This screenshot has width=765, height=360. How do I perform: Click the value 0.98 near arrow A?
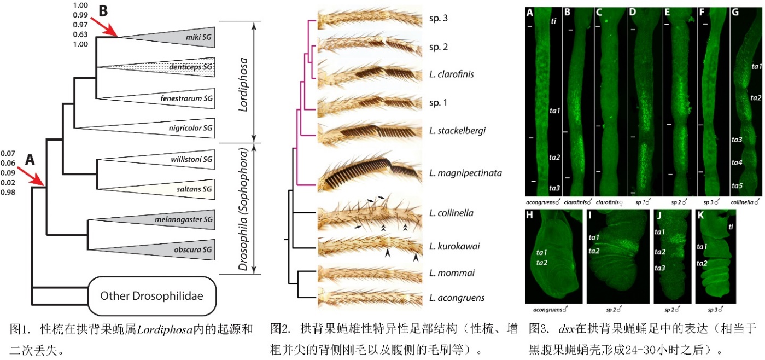[x=9, y=192]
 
